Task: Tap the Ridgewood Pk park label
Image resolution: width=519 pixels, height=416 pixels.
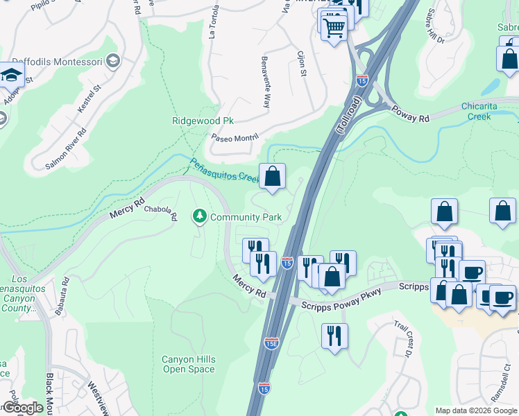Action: (203, 121)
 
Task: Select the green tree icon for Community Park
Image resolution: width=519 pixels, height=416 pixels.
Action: (200, 216)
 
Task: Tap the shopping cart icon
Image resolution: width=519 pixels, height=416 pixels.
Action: (334, 28)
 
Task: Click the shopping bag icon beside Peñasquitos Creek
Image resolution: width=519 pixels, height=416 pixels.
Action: (273, 176)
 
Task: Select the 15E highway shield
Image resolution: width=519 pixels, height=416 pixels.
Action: (272, 343)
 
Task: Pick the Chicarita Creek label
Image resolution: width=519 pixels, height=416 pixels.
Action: (489, 111)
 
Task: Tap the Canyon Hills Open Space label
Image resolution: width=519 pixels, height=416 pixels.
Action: (189, 364)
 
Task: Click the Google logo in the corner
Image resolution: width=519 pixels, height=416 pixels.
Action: (23, 408)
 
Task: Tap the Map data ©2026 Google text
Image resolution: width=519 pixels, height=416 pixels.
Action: (475, 410)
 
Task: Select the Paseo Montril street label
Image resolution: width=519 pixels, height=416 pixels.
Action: (235, 137)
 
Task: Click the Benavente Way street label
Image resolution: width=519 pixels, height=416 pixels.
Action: (264, 82)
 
